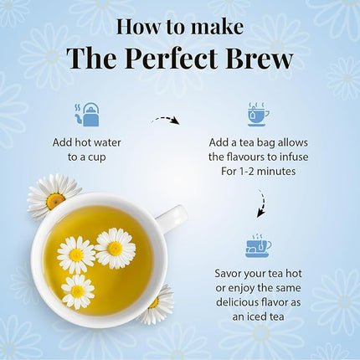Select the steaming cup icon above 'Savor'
pos(258,245)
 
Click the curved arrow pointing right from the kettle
pos(166,122)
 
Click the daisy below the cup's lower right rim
pos(157,304)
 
